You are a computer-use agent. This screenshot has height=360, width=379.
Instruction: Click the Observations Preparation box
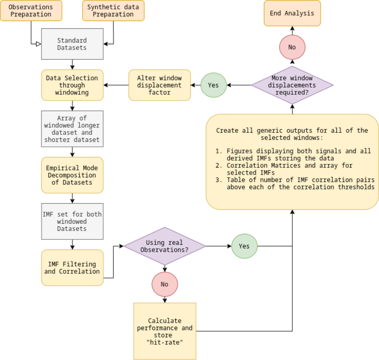coord(31,10)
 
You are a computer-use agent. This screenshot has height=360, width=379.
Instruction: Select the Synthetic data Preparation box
coord(113,10)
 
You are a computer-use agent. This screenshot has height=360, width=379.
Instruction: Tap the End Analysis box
coord(292,13)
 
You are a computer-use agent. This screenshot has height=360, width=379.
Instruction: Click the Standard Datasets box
coord(72,44)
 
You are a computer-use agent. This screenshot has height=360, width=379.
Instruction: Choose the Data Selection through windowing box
coord(72,85)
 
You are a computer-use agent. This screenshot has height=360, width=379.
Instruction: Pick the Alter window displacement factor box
coord(159,85)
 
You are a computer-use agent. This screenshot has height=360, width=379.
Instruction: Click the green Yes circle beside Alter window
coord(214,85)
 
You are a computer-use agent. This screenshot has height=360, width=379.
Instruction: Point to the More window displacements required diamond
coord(292,85)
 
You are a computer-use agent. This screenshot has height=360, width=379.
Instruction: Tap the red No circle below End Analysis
coord(292,47)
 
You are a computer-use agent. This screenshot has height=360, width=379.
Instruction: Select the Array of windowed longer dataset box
coord(72,129)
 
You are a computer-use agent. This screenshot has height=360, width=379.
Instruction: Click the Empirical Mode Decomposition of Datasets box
coord(72,175)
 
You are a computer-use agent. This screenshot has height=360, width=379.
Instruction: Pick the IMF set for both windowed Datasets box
coord(72,221)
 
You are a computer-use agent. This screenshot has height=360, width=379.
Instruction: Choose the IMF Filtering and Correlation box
coord(72,268)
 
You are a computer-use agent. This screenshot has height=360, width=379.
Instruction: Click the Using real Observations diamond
coord(165,246)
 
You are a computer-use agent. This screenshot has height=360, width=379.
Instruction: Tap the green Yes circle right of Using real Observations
coord(244,246)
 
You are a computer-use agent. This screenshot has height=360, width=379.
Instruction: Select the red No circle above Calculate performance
coord(165,284)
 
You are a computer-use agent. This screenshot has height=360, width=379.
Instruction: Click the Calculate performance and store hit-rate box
coord(165,331)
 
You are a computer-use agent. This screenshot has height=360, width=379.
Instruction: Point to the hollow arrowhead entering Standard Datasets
coord(39,44)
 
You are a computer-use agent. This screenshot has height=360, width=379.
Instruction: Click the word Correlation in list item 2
coord(247,166)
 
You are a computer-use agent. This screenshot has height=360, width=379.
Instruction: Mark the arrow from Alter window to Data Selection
coord(116,85)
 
